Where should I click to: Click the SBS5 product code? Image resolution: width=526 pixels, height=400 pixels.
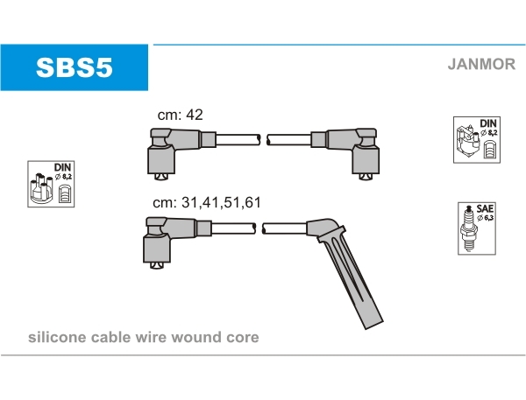(74, 67)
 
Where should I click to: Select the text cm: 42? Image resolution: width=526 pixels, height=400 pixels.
(181, 115)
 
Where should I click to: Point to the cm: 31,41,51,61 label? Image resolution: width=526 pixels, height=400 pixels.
(207, 202)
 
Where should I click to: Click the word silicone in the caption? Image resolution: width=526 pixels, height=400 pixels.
(55, 337)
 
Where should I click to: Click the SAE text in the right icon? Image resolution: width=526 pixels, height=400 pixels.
(483, 208)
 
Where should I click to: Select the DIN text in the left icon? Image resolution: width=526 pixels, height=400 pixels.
(62, 166)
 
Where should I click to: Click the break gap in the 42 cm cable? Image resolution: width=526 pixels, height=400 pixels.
(264, 139)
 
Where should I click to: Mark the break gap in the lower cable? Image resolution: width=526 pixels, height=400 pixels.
(259, 228)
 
